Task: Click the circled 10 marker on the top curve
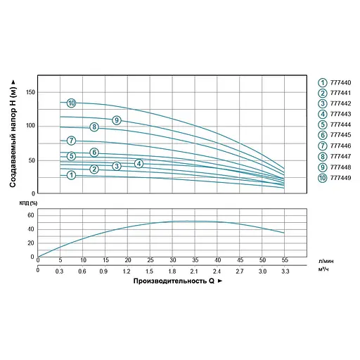click(71, 103)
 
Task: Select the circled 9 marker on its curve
click(117, 120)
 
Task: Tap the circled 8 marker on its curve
click(94, 127)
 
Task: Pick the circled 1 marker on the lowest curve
click(71, 174)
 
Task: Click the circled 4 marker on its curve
click(139, 164)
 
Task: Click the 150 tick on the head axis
click(30, 92)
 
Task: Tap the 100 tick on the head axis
click(30, 126)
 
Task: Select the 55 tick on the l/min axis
click(284, 261)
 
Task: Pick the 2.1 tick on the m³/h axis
click(195, 271)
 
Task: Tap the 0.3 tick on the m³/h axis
click(60, 271)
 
